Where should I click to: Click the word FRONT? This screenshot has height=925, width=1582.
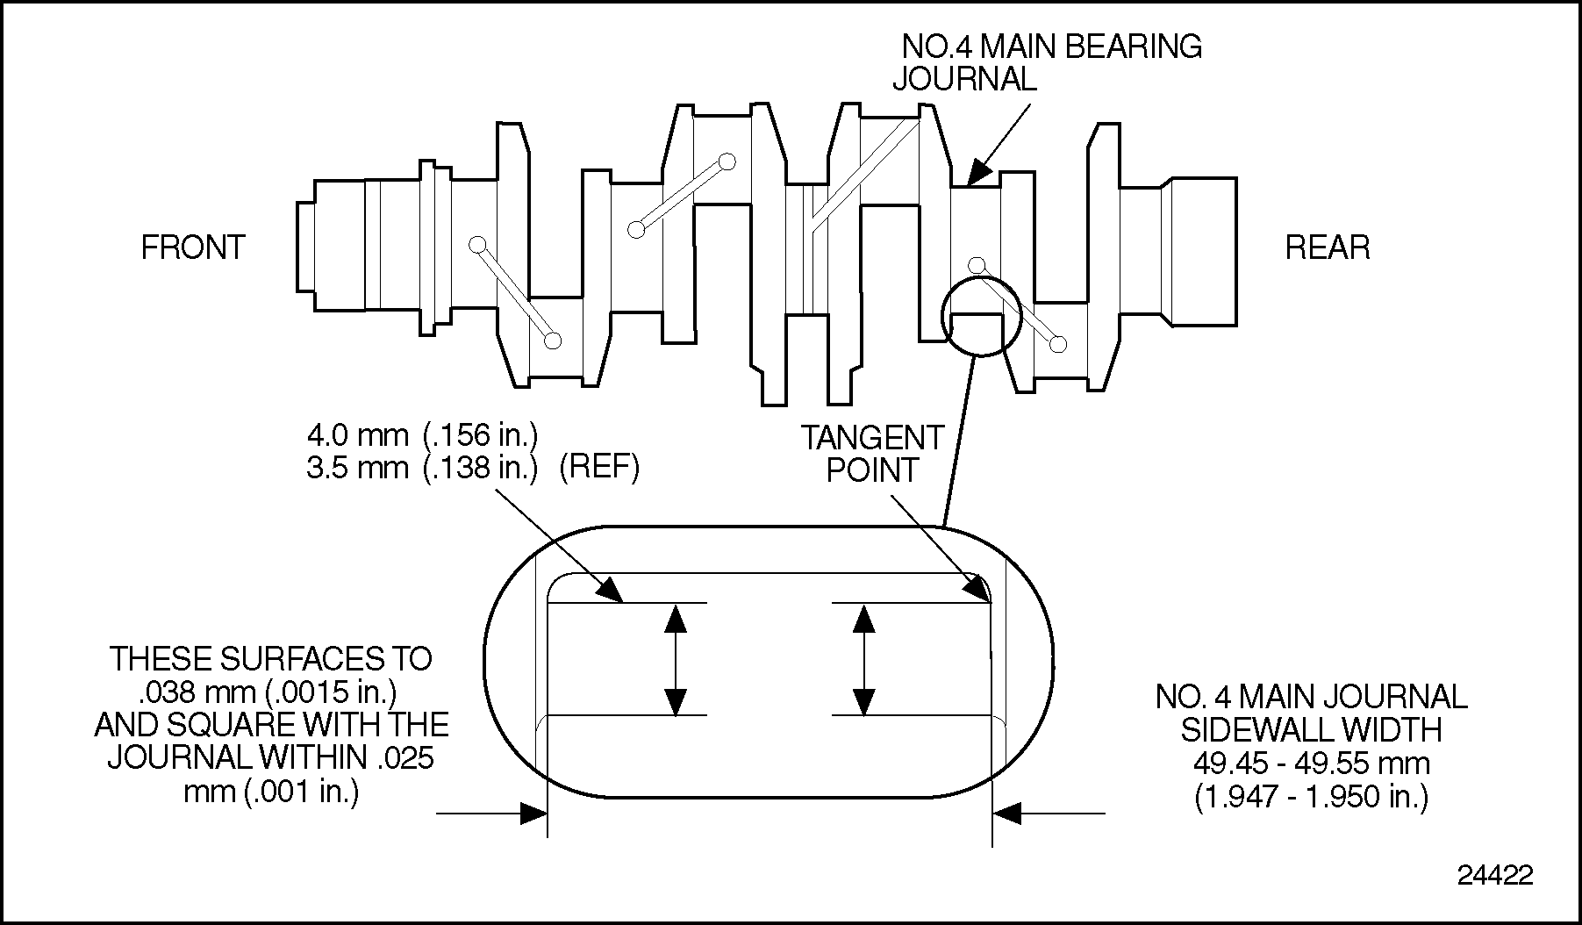(193, 247)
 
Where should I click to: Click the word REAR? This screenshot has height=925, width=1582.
(1327, 247)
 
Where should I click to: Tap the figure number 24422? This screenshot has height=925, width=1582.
(1495, 875)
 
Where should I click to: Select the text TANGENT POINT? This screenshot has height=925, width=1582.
(872, 454)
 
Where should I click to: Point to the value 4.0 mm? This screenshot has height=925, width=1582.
(357, 434)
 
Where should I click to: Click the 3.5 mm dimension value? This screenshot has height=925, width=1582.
(357, 468)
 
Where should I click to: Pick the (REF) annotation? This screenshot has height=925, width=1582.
(599, 468)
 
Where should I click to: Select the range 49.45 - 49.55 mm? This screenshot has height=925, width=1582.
(1311, 763)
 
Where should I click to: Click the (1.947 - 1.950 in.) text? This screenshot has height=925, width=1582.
(1311, 796)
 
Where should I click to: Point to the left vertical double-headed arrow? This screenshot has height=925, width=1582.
(675, 659)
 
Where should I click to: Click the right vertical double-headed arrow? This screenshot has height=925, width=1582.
(864, 659)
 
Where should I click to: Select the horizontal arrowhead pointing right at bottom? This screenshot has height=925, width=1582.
(533, 814)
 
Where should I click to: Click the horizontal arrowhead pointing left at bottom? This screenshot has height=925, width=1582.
(1007, 814)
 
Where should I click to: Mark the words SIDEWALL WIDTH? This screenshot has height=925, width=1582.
(1311, 729)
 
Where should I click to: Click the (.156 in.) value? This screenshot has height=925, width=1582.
(480, 434)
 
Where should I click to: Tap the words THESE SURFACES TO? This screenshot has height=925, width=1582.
(270, 659)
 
